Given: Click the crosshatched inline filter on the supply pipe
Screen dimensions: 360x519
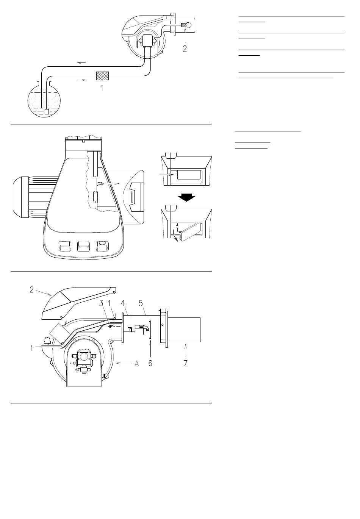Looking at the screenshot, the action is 102,76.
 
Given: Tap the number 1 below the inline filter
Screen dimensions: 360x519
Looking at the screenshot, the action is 102,88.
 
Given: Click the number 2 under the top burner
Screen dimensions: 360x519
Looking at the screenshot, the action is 185,48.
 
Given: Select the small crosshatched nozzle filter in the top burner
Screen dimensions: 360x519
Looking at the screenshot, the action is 185,25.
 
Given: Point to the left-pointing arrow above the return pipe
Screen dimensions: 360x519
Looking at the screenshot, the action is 81,63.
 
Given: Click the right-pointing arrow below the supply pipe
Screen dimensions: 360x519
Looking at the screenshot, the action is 81,80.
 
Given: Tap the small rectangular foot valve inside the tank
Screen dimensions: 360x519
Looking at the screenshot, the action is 47,111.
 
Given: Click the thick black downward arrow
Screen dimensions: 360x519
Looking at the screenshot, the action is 186,198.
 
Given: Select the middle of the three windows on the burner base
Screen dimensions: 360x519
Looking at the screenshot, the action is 84,246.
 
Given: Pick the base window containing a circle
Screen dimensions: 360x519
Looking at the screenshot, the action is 102,246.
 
